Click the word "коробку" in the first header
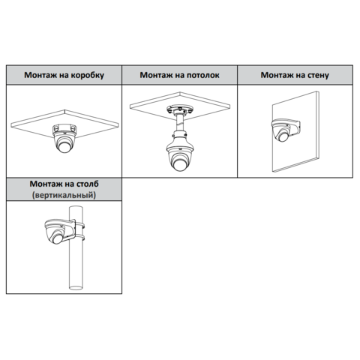pos(88,75)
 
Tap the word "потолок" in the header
pos(203,75)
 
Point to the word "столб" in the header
pos(87,184)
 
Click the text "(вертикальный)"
pos(64,195)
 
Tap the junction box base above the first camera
pos(64,130)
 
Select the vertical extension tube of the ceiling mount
pos(180,122)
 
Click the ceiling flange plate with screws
pos(180,109)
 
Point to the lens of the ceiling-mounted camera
pos(179,164)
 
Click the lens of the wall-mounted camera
pos(283,136)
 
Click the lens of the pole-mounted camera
pos(57,238)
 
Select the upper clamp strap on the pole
pos(79,226)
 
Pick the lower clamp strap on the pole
pos(79,238)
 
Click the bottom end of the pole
pos(76,288)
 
